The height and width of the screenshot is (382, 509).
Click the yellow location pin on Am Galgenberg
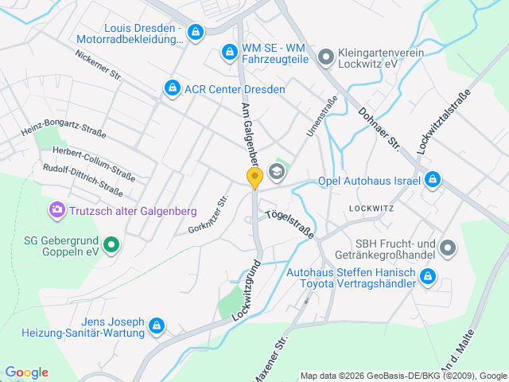254,178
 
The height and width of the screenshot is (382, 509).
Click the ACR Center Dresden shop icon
171,88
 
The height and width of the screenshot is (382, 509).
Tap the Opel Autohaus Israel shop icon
432,180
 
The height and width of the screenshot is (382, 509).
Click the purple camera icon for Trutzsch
56,210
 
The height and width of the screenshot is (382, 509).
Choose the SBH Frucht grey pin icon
448,248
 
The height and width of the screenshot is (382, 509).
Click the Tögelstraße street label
289,225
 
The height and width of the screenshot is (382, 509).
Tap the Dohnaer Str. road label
379,129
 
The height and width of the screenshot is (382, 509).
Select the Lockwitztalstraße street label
444,121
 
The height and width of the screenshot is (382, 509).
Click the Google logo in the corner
26,372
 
